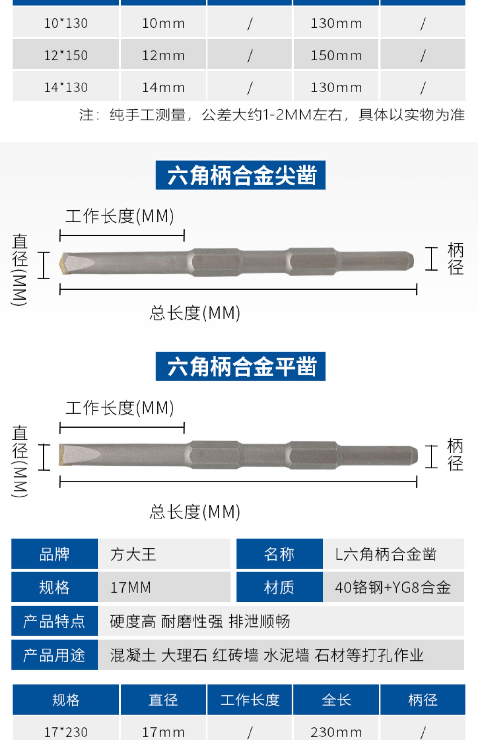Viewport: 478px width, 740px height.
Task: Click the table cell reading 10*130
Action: click(66, 23)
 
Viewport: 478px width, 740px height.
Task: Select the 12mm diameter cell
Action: click(163, 55)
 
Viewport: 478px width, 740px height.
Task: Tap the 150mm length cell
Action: click(336, 55)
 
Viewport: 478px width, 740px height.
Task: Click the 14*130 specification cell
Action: click(66, 87)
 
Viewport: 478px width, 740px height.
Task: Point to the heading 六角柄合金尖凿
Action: click(240, 175)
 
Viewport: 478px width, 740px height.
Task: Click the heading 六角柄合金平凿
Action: click(240, 366)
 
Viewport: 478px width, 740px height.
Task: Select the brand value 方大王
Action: click(133, 554)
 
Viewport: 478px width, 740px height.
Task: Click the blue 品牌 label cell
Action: click(54, 554)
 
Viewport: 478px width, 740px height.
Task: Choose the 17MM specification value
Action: click(131, 587)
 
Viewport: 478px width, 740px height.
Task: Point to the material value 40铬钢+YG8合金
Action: click(393, 587)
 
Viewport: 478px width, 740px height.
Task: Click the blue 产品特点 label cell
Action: click(54, 621)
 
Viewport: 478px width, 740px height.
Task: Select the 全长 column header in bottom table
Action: click(336, 700)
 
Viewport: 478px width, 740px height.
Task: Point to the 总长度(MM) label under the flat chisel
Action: click(195, 512)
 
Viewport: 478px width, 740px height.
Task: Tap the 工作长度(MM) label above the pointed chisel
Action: click(120, 216)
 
